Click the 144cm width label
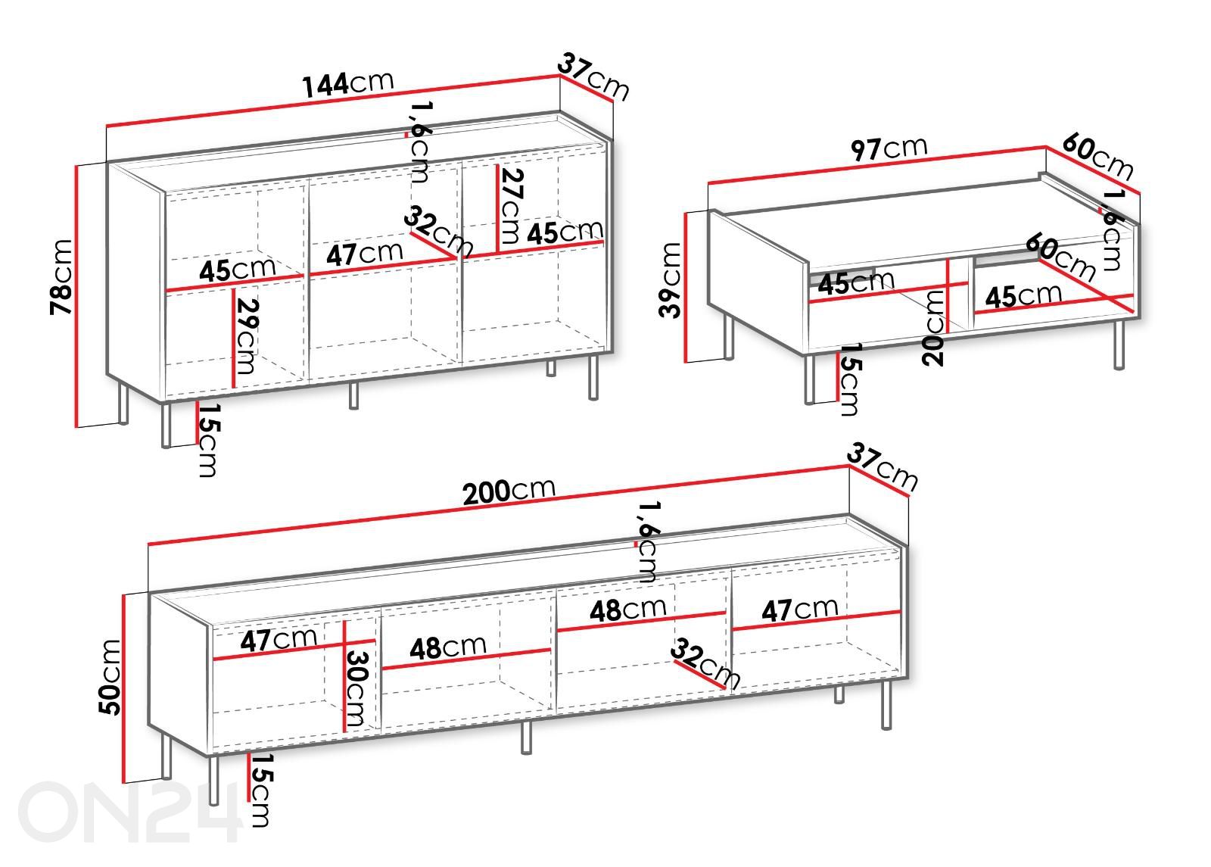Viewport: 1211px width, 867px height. click(x=347, y=84)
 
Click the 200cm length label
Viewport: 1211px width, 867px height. click(x=509, y=491)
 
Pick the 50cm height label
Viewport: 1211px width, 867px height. click(x=111, y=677)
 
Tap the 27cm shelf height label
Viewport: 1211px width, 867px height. click(x=511, y=205)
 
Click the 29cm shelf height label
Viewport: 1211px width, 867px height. click(x=247, y=336)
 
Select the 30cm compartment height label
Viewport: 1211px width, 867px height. click(x=356, y=689)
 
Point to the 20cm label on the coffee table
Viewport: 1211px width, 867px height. click(x=933, y=328)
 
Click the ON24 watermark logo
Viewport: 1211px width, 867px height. click(x=129, y=812)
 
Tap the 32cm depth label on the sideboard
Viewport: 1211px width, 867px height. click(x=438, y=230)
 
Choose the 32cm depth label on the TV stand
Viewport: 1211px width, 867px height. click(x=705, y=663)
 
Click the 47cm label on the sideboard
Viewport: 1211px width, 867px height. click(x=364, y=253)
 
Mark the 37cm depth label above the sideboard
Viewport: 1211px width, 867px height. click(x=593, y=76)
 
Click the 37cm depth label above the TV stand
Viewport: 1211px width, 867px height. click(x=883, y=466)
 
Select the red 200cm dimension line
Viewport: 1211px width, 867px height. click(x=499, y=504)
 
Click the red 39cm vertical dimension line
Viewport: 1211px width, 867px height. click(x=686, y=287)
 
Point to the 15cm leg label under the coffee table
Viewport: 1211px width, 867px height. click(x=849, y=379)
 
